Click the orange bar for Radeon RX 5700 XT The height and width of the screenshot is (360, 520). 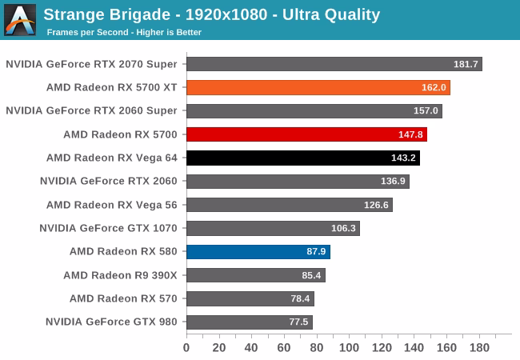(318, 87)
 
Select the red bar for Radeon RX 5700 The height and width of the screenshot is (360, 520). (306, 134)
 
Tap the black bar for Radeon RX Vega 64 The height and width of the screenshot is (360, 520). (302, 158)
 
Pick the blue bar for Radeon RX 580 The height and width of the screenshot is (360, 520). (258, 252)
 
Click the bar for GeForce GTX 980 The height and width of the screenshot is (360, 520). (249, 322)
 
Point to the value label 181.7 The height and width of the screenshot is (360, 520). (466, 64)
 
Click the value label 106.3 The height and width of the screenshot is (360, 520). (343, 229)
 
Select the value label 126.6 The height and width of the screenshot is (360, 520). (376, 205)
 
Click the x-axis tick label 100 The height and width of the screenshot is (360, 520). (349, 348)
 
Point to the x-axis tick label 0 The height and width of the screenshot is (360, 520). (186, 348)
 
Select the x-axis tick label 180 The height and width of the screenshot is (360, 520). (479, 348)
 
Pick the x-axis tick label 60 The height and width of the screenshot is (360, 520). (284, 348)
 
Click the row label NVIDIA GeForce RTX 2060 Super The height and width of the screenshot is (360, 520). (91, 110)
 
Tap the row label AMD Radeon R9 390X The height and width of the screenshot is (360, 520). (120, 275)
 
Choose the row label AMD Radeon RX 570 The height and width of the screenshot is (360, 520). (123, 298)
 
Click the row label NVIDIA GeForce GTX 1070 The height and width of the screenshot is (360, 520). (108, 228)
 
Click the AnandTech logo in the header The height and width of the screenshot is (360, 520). (20, 20)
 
